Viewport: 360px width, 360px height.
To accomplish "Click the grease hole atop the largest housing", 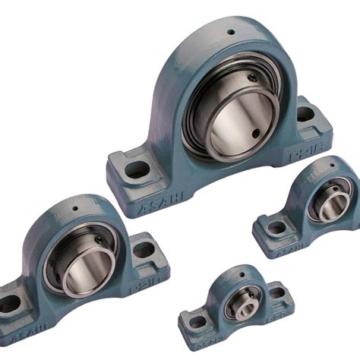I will pos(230,32).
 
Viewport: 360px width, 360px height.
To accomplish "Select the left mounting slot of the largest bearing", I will pos(137,169).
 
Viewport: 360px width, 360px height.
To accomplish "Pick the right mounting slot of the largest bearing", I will pos(305,114).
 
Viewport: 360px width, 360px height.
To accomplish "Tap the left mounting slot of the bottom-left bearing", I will pos(9,303).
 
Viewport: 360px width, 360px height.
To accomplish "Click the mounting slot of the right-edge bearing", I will pos(276,226).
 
